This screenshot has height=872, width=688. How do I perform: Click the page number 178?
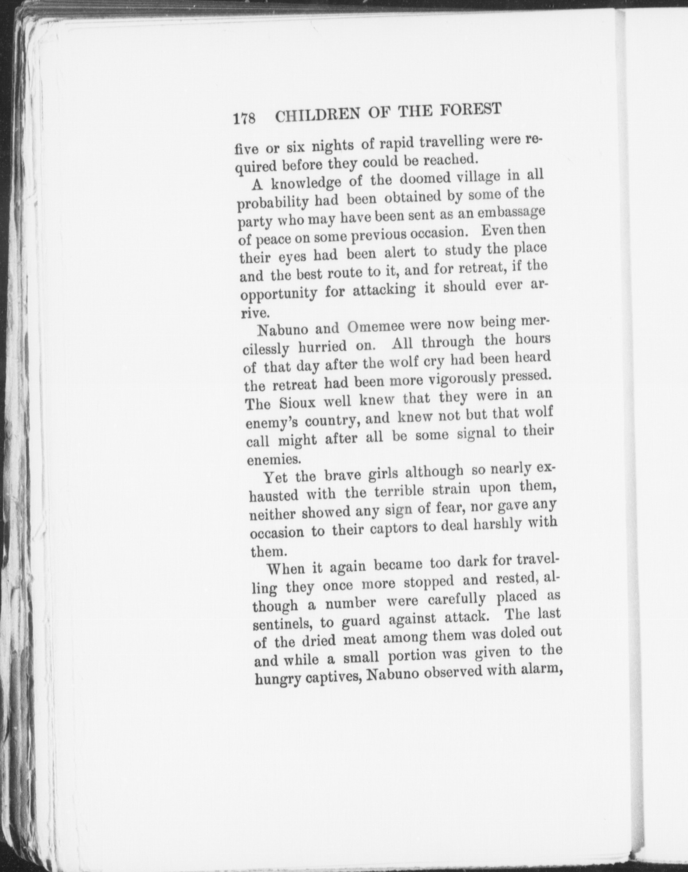pyautogui.click(x=244, y=118)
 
